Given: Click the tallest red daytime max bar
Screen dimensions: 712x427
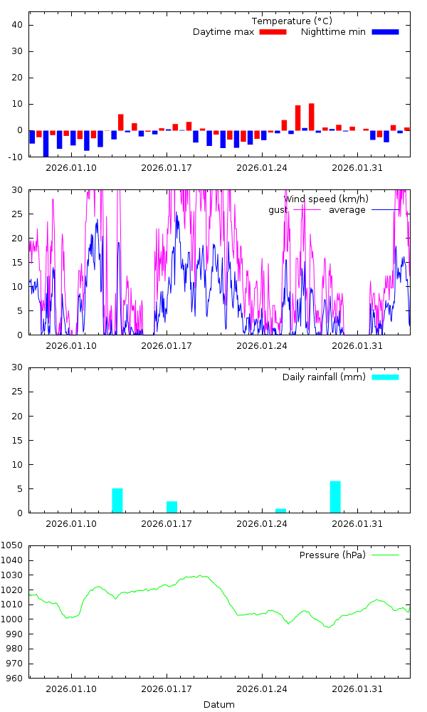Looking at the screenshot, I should (x=312, y=117).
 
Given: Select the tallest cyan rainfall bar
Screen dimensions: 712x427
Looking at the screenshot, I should (x=335, y=497).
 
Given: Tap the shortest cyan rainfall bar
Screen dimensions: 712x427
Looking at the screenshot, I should (x=280, y=511).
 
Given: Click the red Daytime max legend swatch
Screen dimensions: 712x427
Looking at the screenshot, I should (x=273, y=32).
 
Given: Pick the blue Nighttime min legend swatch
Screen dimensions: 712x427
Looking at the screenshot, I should (x=385, y=32).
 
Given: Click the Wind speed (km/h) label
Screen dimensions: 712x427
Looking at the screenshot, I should (x=327, y=199).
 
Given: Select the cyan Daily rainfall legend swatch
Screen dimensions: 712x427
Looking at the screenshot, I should (x=385, y=377).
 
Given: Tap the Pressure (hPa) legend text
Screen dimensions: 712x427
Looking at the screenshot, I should (x=332, y=555).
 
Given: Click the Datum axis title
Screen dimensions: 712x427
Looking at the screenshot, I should (x=219, y=705).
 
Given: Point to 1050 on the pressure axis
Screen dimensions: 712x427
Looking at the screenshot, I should (x=14, y=545).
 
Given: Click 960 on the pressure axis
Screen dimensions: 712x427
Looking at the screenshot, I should (x=16, y=679).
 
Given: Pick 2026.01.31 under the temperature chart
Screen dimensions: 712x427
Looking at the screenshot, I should (x=357, y=167).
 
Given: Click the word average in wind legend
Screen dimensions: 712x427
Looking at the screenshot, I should (x=347, y=210).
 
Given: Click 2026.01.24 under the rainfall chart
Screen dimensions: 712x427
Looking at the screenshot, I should (x=261, y=523).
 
